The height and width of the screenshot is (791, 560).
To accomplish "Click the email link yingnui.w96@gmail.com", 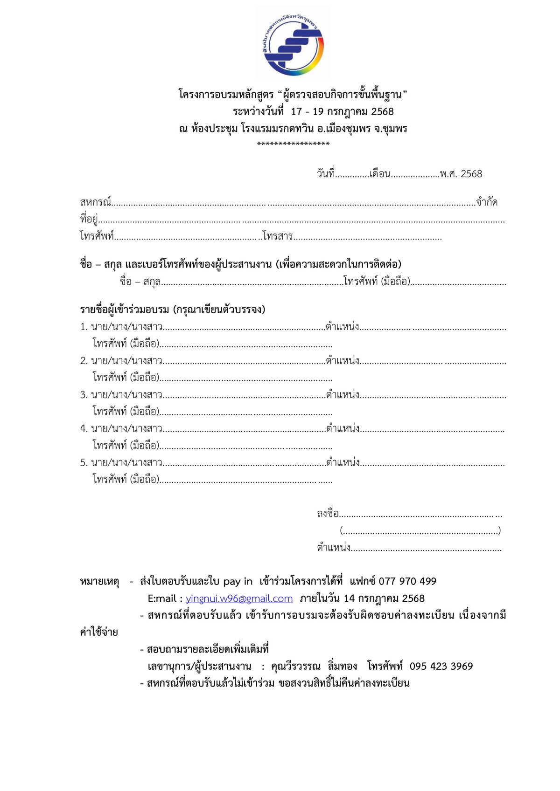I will pos(239,598).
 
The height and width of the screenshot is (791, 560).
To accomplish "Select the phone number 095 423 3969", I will pos(441,666).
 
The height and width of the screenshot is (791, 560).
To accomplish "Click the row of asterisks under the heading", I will pos(293,144).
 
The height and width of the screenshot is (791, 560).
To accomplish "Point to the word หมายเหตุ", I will pos(99,582).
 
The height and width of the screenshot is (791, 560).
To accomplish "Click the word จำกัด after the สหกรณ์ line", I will pos(487,202).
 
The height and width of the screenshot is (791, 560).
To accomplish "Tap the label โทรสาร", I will pos(277,236).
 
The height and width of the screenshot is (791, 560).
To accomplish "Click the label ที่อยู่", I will pos(89,219).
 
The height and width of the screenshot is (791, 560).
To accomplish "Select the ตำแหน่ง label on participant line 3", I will pos(343,395).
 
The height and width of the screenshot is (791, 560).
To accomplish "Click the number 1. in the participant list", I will pos(84,327).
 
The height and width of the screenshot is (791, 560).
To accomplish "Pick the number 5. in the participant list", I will pos(84,463).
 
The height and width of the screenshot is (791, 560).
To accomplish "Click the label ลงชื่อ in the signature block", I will pos(328,514).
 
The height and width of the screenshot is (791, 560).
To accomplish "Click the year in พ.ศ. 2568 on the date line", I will pos(471,174).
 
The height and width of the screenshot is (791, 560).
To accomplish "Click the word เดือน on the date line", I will pos(379,174).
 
